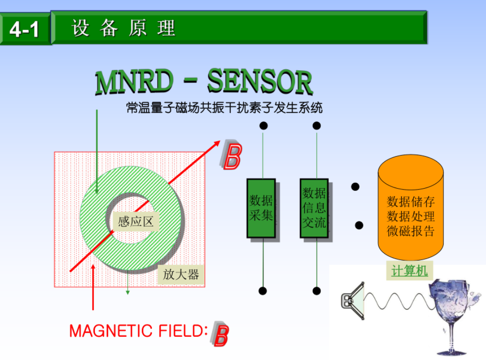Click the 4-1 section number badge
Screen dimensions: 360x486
coord(24,30)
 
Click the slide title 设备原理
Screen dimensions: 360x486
coord(124,28)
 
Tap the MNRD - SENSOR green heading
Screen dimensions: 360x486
coord(204,82)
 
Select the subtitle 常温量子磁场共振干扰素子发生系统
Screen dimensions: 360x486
coord(224,108)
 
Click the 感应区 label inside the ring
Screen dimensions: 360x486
coord(136,221)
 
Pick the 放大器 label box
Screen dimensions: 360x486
coord(181,274)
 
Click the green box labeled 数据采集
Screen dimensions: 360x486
coord(261,208)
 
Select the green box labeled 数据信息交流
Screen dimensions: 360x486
coord(314,208)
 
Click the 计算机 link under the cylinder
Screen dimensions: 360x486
coord(410,271)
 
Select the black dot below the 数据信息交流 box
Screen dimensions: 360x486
coord(317,291)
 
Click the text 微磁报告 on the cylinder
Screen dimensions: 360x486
coord(411,231)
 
